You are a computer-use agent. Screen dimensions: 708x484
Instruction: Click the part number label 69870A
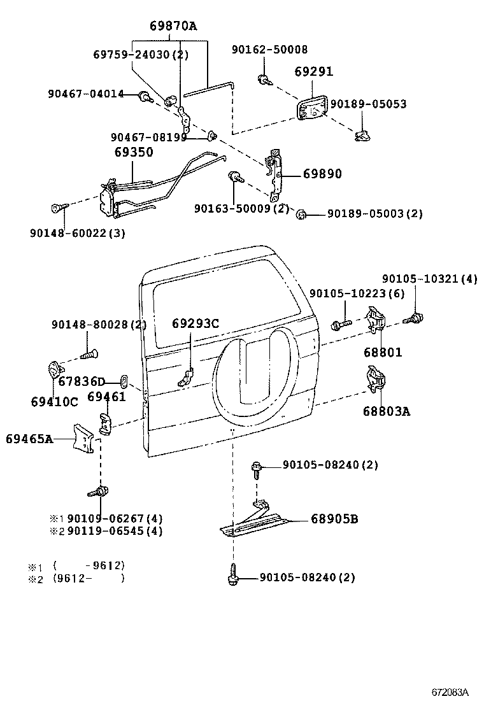pos(173,26)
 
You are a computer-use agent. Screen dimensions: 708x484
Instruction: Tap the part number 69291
pos(313,72)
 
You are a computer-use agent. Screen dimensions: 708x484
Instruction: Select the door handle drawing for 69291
pos(311,108)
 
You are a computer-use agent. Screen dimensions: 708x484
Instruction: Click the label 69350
pos(133,153)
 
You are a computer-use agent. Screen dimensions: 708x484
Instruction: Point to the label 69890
pos(322,174)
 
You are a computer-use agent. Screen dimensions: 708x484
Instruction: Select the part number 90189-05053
pos(369,104)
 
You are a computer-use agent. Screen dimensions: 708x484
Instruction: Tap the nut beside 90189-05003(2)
pos(302,214)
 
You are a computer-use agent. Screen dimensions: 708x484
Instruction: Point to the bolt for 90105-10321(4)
pos(417,316)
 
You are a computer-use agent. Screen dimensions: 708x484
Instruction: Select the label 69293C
pos(195,323)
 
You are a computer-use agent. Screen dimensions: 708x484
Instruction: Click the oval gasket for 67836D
pos(124,381)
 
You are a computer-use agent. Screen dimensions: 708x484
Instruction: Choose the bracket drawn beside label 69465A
pos(83,439)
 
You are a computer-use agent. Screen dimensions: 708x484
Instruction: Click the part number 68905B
pos(334,520)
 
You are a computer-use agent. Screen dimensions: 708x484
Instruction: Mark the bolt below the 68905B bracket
pos(232,576)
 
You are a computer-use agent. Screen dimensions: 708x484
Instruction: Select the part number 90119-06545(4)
pos(115,531)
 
